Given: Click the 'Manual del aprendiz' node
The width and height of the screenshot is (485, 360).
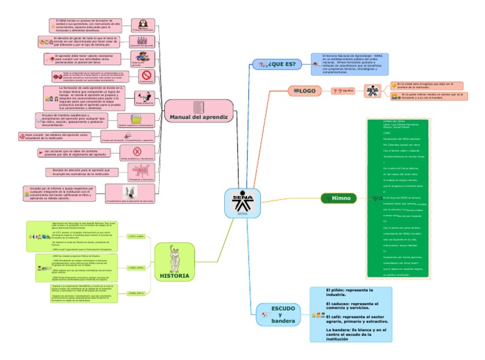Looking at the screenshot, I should click(x=198, y=117).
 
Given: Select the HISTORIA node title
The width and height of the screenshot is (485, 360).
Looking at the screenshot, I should click(x=174, y=276).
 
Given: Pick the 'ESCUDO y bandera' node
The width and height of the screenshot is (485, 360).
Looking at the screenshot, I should click(x=283, y=314).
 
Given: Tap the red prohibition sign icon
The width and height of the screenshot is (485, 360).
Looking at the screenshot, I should click(x=146, y=76).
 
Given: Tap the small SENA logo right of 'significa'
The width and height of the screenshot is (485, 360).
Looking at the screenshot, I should click(x=373, y=92).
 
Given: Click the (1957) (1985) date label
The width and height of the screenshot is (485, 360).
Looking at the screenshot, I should click(x=137, y=236).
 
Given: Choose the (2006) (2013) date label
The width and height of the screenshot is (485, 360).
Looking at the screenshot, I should click(x=137, y=293).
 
